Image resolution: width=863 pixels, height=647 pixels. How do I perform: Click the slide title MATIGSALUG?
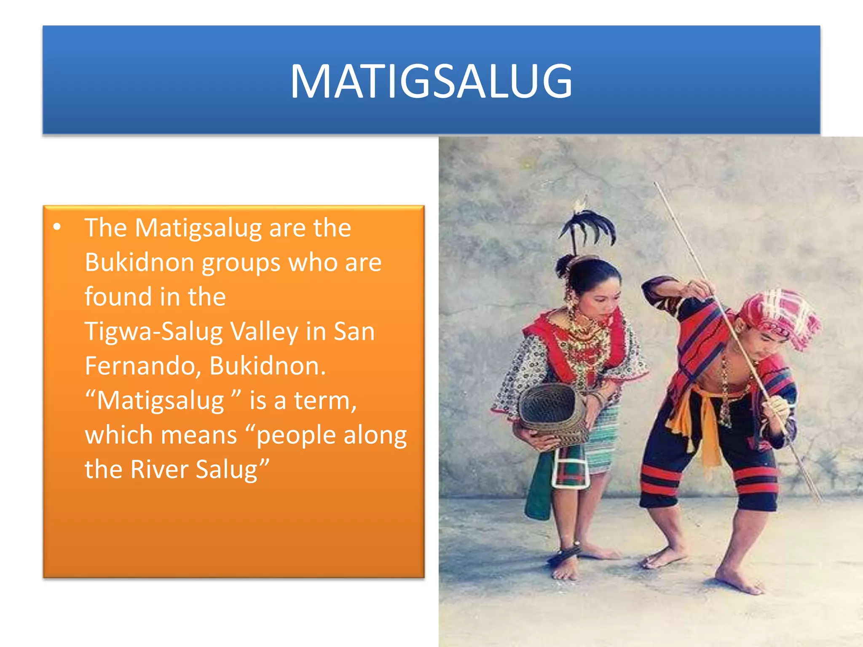coord(431,81)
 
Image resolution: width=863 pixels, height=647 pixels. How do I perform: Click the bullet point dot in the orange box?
coord(57,228)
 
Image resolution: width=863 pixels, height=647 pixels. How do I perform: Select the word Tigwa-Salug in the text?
coord(153,332)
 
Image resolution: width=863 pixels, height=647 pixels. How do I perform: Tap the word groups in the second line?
coord(241,262)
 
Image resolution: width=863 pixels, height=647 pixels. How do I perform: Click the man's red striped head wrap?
coord(780,316)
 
